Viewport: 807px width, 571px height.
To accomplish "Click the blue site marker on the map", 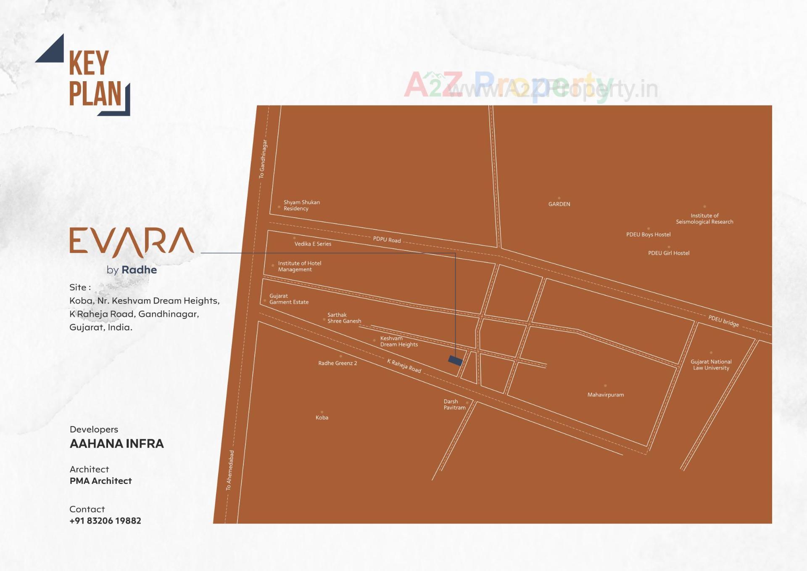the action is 455,360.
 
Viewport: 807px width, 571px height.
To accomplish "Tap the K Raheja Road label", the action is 404,366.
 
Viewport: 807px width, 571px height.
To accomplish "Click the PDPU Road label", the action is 387,239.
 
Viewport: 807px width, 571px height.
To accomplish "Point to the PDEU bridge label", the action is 723,321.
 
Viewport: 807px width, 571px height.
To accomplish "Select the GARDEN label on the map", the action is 559,204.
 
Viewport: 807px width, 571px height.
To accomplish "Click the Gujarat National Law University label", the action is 711,365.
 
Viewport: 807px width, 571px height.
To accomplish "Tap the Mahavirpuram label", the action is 605,395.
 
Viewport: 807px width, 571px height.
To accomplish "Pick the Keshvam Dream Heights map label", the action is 398,341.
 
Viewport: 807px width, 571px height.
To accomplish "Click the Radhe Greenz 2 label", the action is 338,363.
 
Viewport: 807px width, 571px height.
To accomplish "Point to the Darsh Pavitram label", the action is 454,404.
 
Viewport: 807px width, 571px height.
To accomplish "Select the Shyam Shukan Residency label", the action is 301,205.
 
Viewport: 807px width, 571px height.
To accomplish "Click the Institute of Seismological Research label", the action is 704,218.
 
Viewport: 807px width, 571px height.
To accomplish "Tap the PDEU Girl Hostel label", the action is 668,253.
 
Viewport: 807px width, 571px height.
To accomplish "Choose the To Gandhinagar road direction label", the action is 263,159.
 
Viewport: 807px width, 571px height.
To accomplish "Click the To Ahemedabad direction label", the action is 229,470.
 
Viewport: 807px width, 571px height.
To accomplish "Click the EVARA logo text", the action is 132,242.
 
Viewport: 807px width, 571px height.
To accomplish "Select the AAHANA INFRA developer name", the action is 116,444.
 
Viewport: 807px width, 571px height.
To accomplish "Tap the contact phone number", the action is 105,521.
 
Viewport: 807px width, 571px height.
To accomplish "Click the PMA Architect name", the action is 100,481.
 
